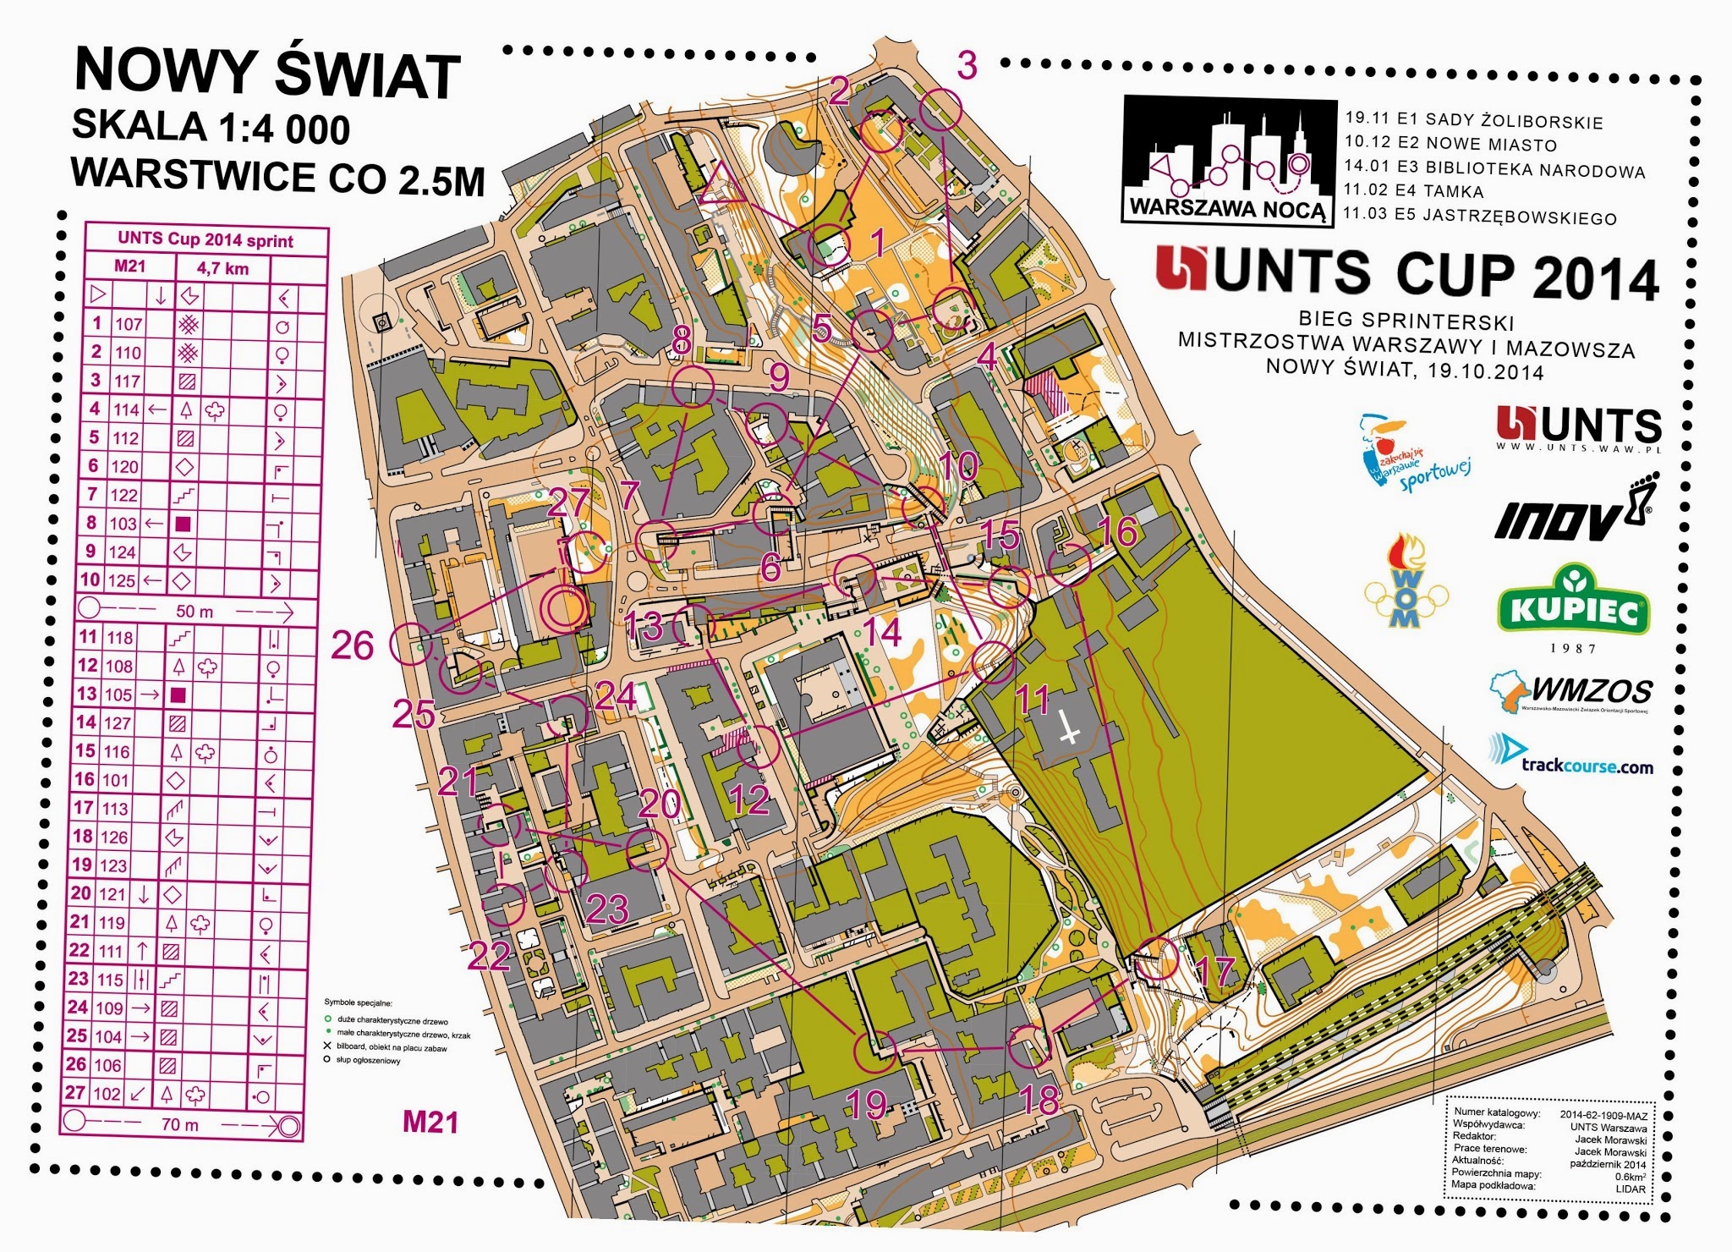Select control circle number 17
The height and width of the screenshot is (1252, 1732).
click(1157, 958)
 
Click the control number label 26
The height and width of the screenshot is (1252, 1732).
click(353, 645)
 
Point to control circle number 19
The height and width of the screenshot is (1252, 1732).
click(874, 1051)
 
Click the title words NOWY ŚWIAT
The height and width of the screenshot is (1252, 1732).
click(267, 73)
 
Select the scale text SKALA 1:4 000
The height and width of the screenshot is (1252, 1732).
click(211, 128)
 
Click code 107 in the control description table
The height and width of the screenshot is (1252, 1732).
click(129, 323)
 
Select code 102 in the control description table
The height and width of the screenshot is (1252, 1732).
click(107, 1093)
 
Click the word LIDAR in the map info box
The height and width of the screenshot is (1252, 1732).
click(1631, 1189)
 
